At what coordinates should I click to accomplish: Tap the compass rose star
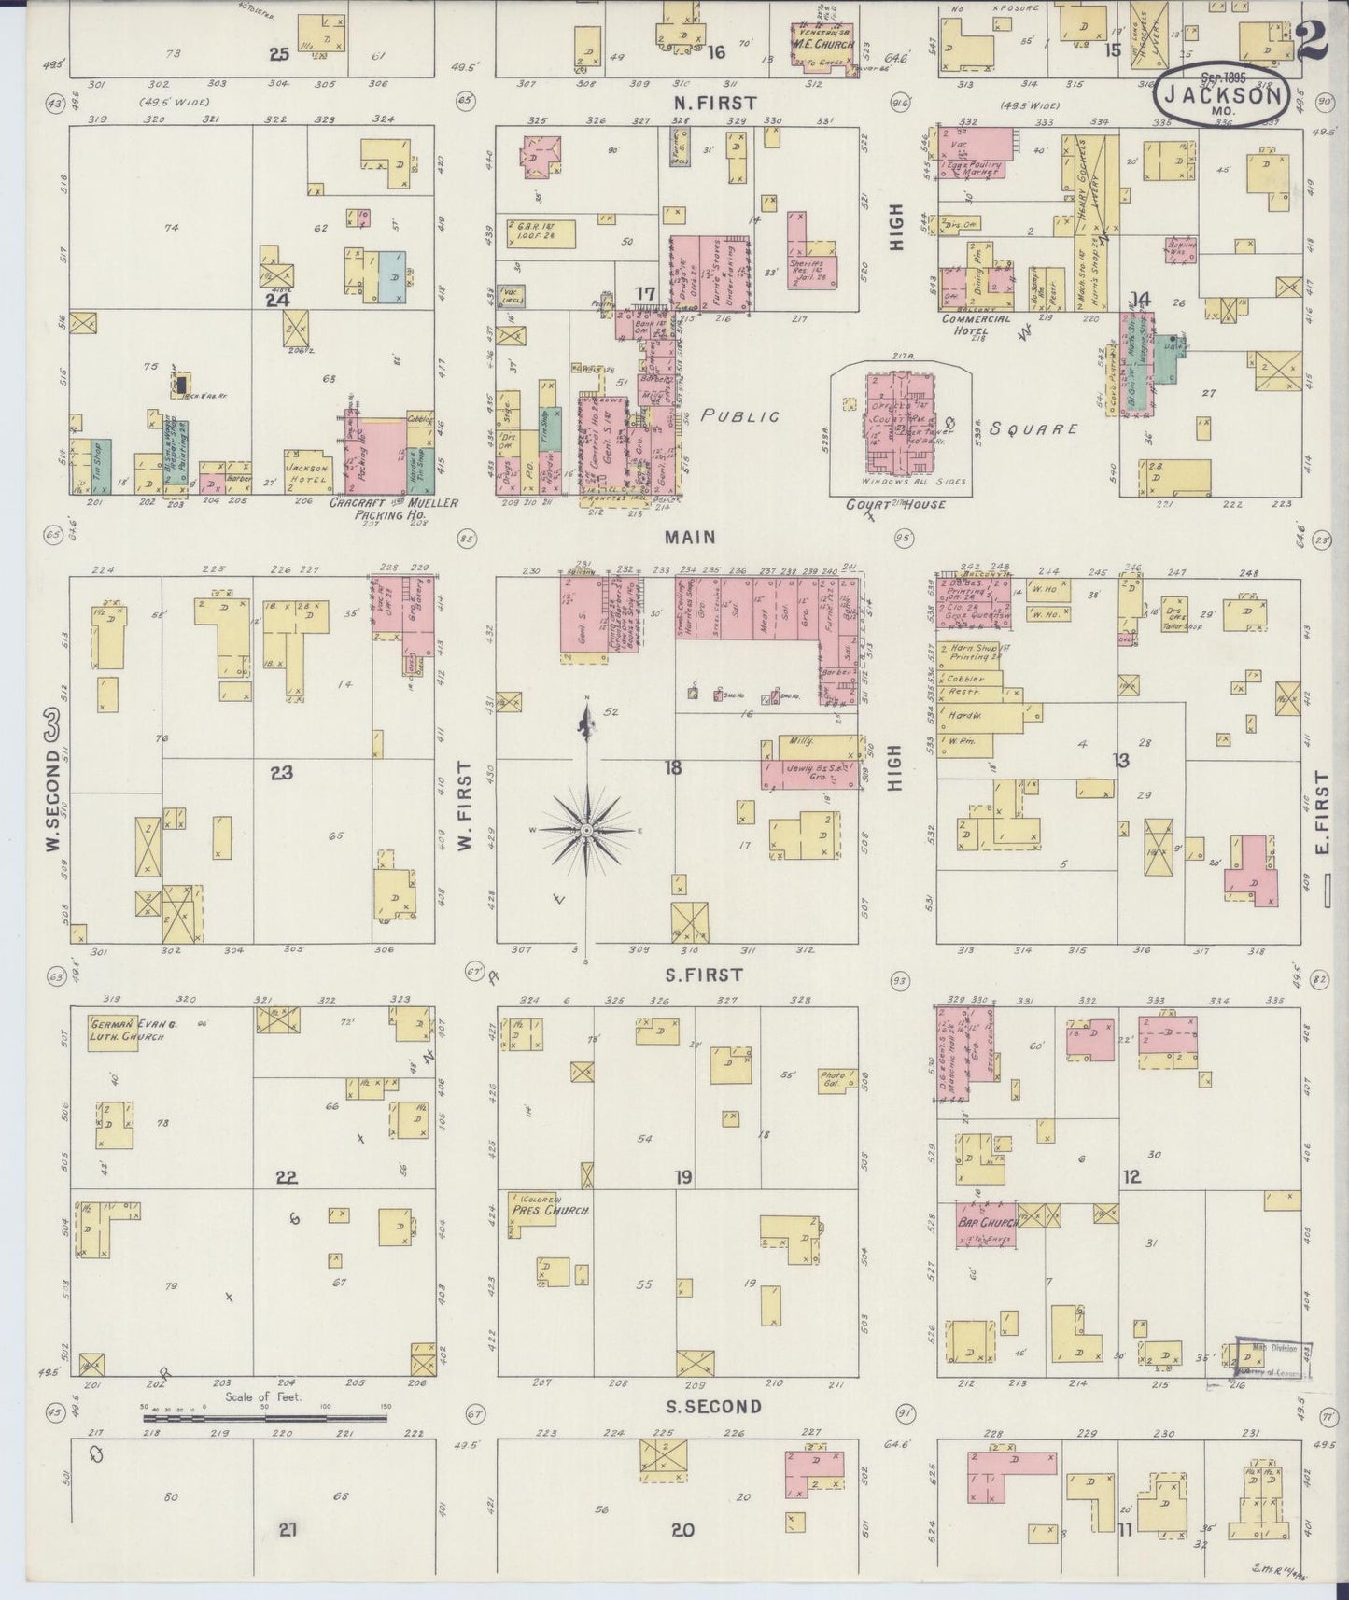point(585,830)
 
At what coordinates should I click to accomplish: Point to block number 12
point(1131,1176)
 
